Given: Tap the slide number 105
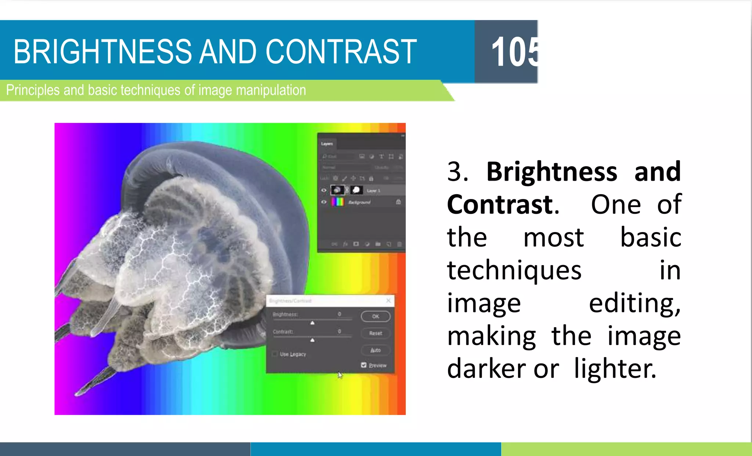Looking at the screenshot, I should (x=514, y=52).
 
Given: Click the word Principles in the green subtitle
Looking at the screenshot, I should (x=33, y=90).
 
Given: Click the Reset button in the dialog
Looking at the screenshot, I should (x=375, y=333).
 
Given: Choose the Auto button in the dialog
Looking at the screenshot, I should (x=375, y=350).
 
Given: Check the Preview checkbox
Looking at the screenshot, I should (x=364, y=365).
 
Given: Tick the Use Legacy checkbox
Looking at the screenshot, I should (x=275, y=354).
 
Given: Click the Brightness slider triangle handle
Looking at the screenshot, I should (x=312, y=323).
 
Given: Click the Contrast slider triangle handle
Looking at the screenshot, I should (x=312, y=340).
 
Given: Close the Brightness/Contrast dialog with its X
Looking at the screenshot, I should (x=388, y=301).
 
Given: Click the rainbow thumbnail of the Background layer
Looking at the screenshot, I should (x=337, y=202).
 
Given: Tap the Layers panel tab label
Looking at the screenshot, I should (x=327, y=144).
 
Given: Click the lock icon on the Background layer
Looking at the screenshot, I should (x=398, y=202).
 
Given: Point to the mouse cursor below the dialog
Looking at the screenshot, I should (x=340, y=375).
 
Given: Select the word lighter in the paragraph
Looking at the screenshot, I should (x=615, y=369).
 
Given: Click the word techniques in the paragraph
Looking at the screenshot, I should (x=514, y=270).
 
